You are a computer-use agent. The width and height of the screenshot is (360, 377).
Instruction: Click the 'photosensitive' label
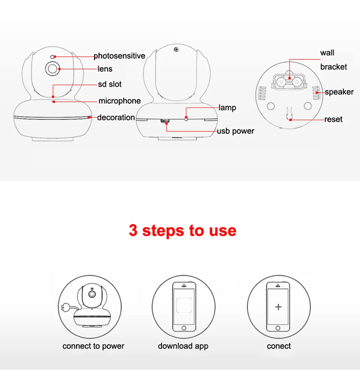click(119, 56)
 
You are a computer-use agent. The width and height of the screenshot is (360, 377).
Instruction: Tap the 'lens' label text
click(105, 69)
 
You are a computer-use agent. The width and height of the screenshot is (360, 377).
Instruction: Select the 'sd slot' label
click(110, 84)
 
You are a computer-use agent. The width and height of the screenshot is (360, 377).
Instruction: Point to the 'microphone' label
click(120, 101)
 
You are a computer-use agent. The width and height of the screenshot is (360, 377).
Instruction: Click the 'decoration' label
click(116, 118)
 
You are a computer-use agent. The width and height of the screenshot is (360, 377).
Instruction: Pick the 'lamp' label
click(227, 108)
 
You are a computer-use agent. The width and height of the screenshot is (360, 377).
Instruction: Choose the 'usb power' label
click(235, 131)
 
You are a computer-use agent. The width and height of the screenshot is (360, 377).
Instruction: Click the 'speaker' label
click(339, 92)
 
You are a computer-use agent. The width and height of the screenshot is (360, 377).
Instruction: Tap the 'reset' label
click(333, 119)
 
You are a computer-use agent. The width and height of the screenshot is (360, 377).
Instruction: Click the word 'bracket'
click(333, 67)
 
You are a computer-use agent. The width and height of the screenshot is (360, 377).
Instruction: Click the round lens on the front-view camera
click(52, 69)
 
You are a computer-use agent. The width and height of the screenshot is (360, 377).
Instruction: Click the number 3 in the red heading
click(133, 230)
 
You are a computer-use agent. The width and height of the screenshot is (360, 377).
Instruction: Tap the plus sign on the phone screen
click(278, 307)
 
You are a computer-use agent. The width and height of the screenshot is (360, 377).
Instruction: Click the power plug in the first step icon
click(65, 307)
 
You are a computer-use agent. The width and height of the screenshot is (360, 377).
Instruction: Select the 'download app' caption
click(183, 346)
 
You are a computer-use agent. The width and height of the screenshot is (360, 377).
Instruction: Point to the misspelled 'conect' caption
click(279, 346)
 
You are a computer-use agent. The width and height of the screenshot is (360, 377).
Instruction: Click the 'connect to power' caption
click(93, 346)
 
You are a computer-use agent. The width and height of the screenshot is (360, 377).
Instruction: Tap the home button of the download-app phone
click(184, 328)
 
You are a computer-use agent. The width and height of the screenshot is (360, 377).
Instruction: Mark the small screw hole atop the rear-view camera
click(176, 49)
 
